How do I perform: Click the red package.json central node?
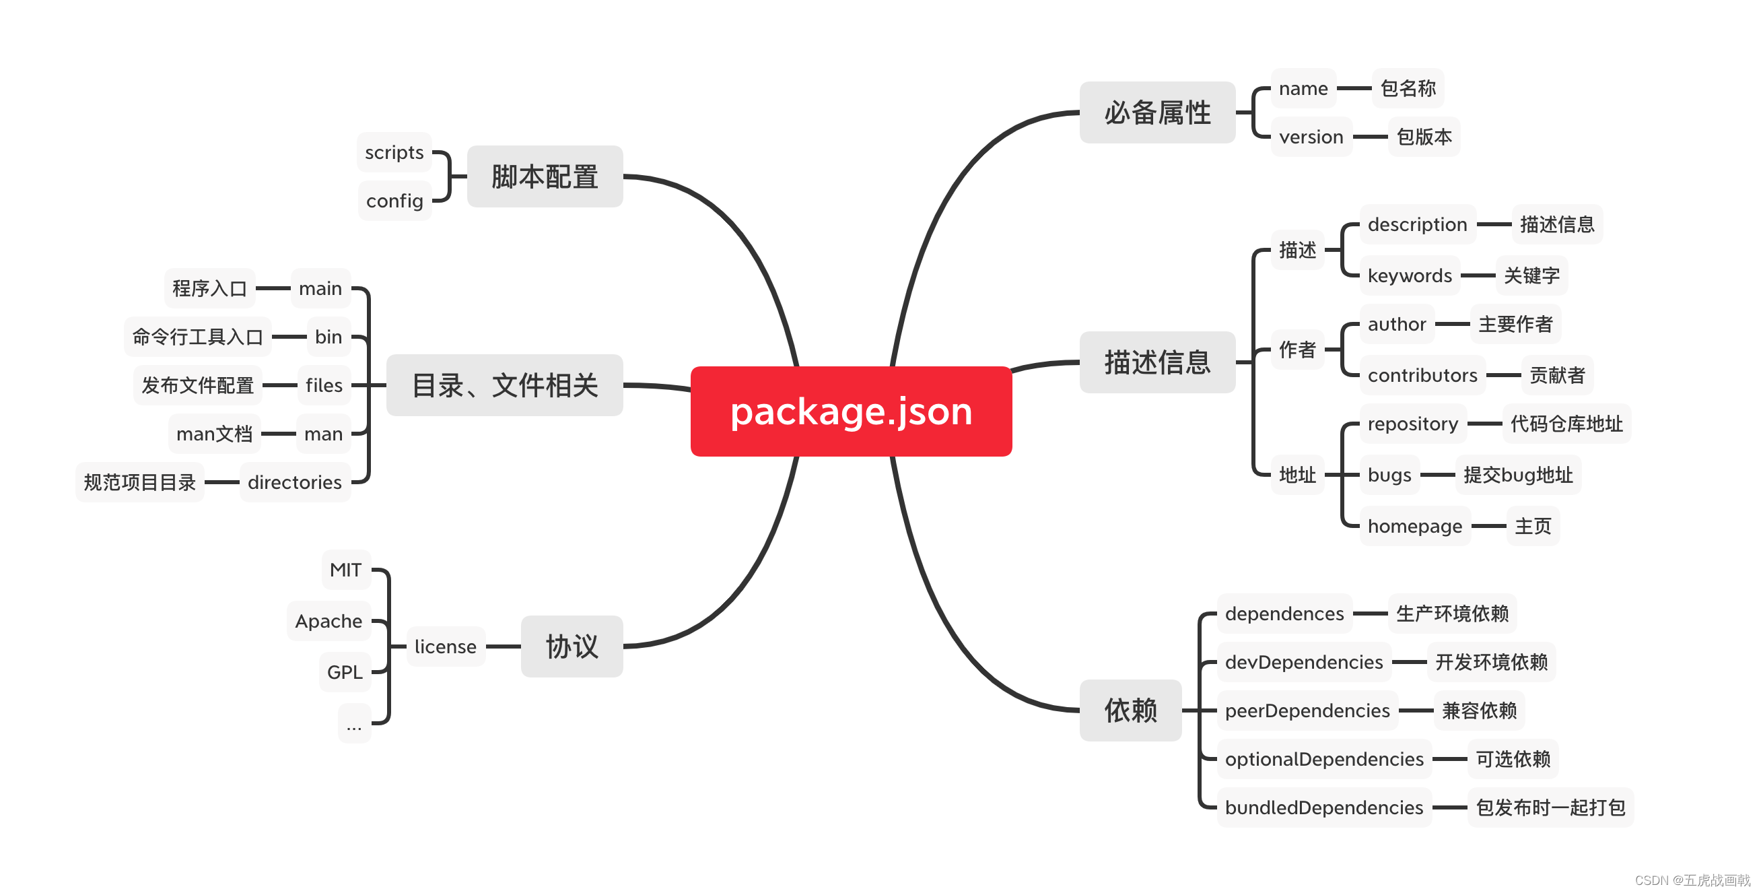tap(850, 411)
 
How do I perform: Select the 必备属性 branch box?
tap(1156, 113)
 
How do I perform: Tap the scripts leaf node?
tap(394, 152)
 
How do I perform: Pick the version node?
tap(1311, 137)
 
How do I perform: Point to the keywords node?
tap(1409, 275)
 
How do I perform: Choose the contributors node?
tap(1422, 375)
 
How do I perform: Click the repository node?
tap(1412, 424)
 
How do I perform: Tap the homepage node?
tap(1414, 526)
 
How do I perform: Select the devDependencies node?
tap(1304, 662)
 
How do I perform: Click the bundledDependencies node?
tap(1323, 807)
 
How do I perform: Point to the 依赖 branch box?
tap(1130, 710)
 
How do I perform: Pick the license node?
tap(445, 646)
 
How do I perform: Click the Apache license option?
tap(328, 621)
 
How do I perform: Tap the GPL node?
tap(345, 672)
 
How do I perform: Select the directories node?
tap(294, 483)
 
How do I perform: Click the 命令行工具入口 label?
tap(197, 337)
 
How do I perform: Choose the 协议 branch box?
tap(572, 646)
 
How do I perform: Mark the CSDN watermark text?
tap(1691, 880)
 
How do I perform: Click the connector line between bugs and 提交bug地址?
tap(1437, 475)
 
